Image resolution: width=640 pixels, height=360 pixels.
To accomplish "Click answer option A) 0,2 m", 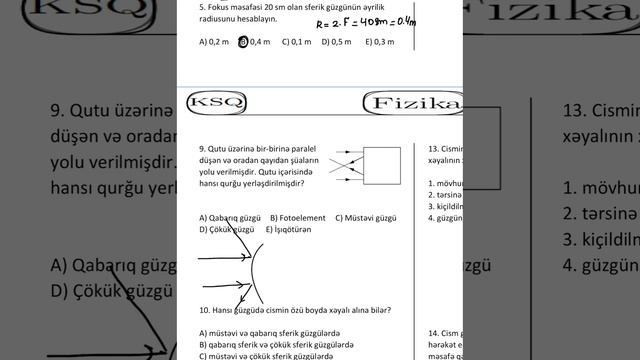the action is tap(213, 42).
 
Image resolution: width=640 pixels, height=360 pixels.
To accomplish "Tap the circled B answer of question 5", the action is tap(244, 42).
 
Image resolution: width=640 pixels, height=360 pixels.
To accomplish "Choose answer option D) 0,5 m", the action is tap(338, 42).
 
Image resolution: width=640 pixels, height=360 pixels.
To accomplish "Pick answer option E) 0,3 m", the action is tap(380, 42).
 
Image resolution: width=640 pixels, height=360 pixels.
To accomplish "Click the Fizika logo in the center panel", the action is tap(414, 105).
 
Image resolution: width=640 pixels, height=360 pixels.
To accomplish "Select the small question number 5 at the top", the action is tap(202, 5).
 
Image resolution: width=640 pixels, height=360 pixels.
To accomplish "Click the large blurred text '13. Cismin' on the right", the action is tap(600, 110).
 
